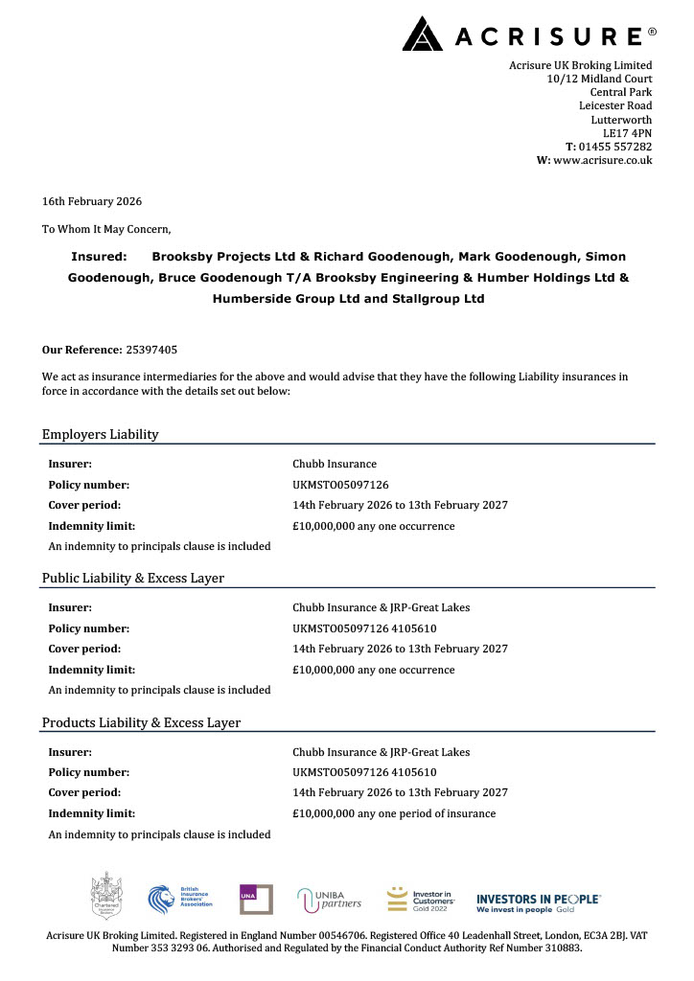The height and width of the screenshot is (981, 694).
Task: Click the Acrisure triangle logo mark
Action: pos(422,34)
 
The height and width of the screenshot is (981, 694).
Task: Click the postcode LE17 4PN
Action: pos(627,133)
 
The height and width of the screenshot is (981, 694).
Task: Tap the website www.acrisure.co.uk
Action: pos(602,160)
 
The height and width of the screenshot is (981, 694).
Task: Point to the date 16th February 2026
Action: pos(92,201)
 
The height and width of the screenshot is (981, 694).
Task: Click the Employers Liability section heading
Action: pos(100,435)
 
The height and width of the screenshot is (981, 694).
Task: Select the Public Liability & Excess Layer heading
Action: pos(133,579)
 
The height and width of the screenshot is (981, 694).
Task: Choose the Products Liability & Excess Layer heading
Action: pos(141,722)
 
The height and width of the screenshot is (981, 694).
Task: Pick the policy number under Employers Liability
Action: pos(340,485)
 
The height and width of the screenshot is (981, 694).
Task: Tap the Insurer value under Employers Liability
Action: pos(335,464)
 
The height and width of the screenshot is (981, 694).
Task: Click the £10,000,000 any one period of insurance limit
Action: pos(394,813)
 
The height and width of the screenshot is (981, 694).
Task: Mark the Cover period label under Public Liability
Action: pos(84,649)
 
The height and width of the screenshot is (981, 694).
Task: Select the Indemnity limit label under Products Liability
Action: pos(92,813)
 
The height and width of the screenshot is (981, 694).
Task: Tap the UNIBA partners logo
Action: pos(331,899)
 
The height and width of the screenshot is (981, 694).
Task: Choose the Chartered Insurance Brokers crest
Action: pos(104,897)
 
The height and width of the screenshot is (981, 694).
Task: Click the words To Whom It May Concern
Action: pos(106,229)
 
